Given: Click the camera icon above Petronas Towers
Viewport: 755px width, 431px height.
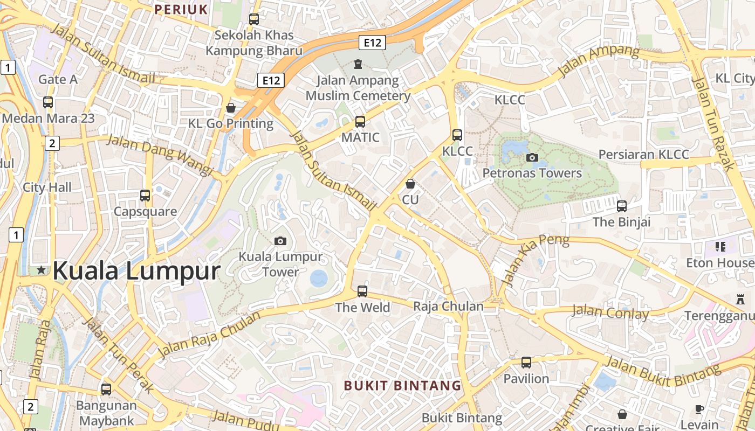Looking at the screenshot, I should click(532, 157).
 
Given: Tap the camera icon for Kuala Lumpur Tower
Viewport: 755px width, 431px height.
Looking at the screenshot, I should click(280, 241).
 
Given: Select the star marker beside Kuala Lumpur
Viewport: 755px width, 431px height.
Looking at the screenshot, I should click(42, 270).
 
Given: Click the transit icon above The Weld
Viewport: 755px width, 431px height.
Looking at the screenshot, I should click(362, 291).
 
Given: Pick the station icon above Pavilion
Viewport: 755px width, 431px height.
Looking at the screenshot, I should click(526, 363).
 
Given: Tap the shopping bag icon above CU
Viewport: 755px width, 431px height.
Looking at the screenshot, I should click(410, 184).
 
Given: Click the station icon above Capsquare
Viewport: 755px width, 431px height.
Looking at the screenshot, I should click(145, 196).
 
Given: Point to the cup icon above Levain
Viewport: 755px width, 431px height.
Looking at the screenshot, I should click(699, 409).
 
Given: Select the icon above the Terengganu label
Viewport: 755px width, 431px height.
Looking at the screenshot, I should click(740, 300).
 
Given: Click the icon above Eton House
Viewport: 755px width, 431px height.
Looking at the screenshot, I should click(720, 247).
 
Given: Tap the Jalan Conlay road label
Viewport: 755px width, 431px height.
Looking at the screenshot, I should click(610, 312).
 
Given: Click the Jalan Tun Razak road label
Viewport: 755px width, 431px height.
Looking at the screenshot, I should click(713, 124).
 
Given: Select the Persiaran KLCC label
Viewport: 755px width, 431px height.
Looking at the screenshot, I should click(644, 155).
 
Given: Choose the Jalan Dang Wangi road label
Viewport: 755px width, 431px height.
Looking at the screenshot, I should click(161, 155).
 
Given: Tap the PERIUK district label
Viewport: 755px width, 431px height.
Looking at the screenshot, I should click(181, 9).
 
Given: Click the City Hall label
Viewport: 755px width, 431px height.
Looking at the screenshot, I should click(47, 187).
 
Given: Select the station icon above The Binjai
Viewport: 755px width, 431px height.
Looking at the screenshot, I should click(622, 206).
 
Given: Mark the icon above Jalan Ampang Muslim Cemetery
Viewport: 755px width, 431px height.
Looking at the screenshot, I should click(358, 65).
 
